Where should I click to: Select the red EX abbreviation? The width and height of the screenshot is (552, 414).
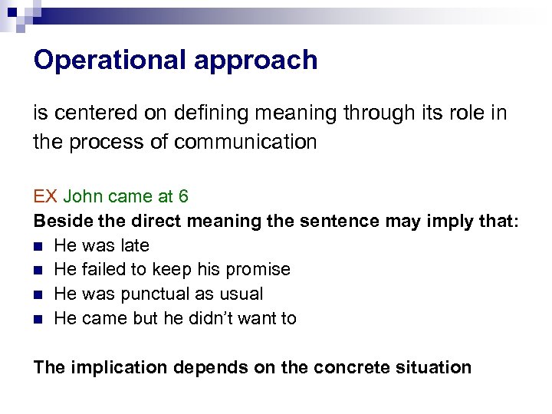(45, 196)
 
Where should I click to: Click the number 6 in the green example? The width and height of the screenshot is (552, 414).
(183, 196)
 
